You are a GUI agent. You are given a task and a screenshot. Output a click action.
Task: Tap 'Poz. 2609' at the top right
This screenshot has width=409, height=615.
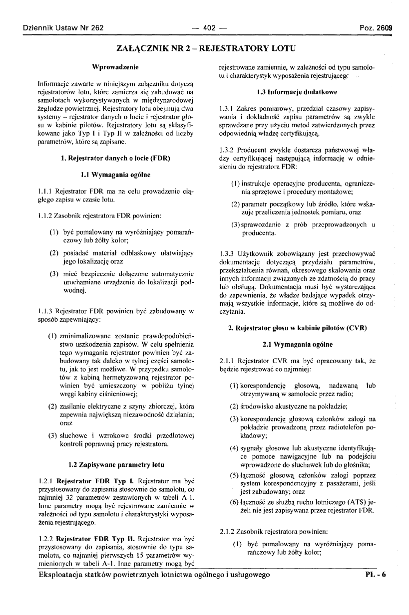point(375,28)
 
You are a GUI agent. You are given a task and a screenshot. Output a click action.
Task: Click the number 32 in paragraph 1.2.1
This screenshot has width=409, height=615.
point(63,499)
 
